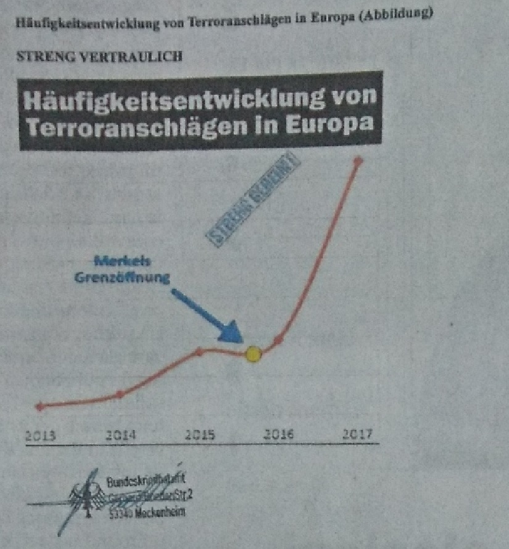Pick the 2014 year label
[120, 435]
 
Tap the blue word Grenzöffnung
[123, 277]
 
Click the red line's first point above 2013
[40, 406]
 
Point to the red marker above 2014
[120, 394]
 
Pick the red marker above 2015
[199, 352]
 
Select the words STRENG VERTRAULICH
[100, 57]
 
